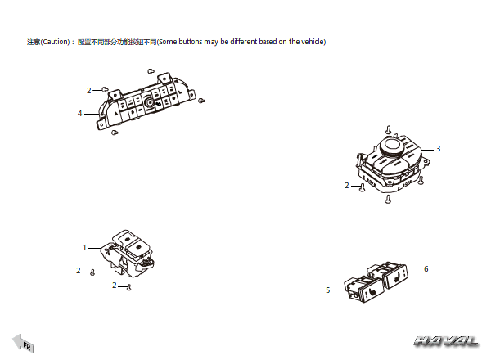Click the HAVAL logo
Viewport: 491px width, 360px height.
point(446,341)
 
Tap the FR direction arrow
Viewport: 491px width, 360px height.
point(23,343)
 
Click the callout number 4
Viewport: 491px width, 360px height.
point(80,114)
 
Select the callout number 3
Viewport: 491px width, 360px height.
point(438,149)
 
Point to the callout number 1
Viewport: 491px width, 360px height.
point(84,248)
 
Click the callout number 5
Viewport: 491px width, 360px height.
point(328,290)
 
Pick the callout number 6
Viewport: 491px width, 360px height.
point(426,268)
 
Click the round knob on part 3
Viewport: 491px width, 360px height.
point(391,146)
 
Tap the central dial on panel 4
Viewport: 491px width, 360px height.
point(149,102)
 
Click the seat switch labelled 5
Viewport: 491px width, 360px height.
point(364,290)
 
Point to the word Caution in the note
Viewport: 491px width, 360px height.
point(55,42)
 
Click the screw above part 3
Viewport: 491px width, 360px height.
point(389,129)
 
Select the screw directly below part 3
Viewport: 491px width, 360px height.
point(388,199)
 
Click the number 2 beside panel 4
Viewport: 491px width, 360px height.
point(89,91)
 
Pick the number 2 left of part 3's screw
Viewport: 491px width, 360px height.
point(347,186)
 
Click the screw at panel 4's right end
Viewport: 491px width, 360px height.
point(201,101)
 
